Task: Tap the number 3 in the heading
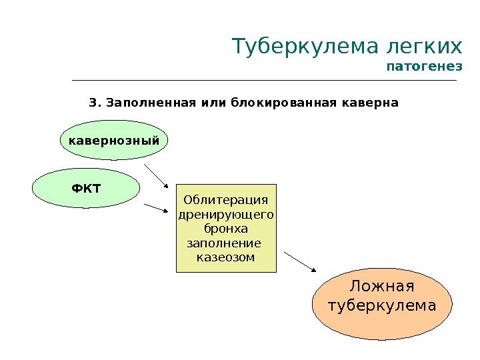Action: pyautogui.click(x=93, y=103)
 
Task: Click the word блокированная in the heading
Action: pyautogui.click(x=281, y=103)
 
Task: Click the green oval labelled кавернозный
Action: pyautogui.click(x=114, y=141)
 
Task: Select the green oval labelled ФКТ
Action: pyautogui.click(x=87, y=188)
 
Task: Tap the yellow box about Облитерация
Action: pyautogui.click(x=226, y=228)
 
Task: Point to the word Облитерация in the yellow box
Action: pyautogui.click(x=226, y=201)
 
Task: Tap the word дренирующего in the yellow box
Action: pyautogui.click(x=226, y=215)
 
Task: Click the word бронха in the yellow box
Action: pyautogui.click(x=226, y=229)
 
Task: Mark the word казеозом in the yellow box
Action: pyautogui.click(x=226, y=257)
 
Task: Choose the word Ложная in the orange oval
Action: pyautogui.click(x=382, y=287)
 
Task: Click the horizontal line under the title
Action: pyautogui.click(x=264, y=81)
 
